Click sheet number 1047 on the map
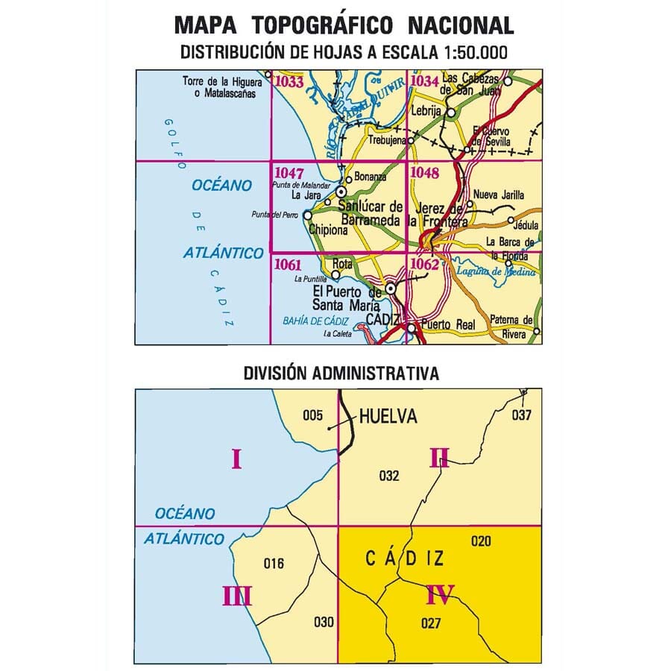[x=288, y=172]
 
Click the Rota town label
[x=344, y=263]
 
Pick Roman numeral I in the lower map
[x=236, y=459]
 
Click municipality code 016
[x=274, y=564]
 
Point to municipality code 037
[x=520, y=415]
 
